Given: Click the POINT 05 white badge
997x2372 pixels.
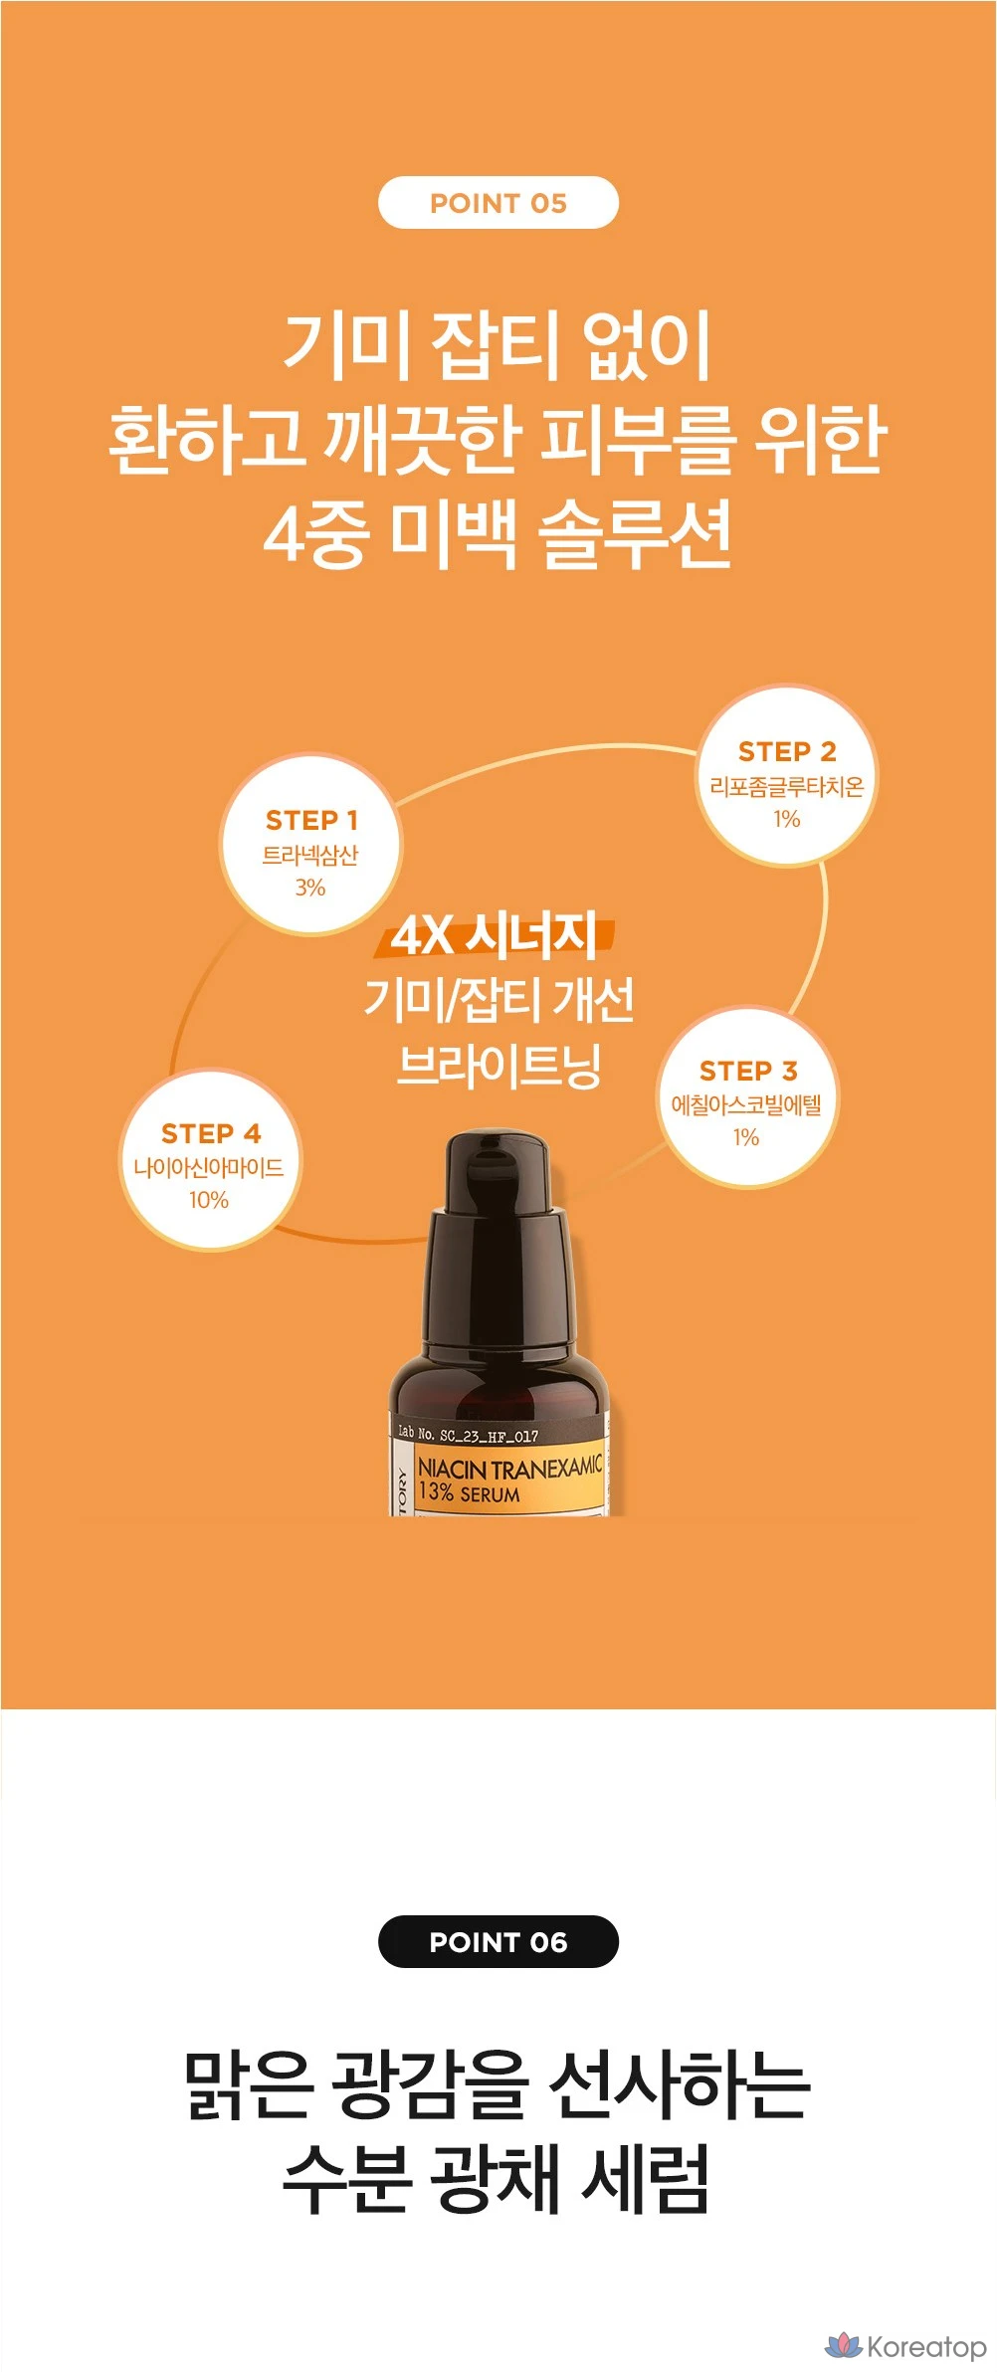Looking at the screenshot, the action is (498, 203).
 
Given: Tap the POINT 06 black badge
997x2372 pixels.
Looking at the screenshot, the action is (498, 1941).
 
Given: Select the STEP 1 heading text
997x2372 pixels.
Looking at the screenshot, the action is (311, 820).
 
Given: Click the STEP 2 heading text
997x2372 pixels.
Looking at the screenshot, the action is (787, 751).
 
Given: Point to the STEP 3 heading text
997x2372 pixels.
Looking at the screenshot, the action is (748, 1071).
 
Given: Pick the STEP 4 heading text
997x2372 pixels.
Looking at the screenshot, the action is (211, 1133).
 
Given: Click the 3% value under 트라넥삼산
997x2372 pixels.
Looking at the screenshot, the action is (310, 887).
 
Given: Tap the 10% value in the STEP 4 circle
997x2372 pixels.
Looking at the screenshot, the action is (209, 1200).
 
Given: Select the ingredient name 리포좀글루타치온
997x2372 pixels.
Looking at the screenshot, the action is (787, 786).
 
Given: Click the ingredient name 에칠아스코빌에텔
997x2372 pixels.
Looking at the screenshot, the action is (746, 1104).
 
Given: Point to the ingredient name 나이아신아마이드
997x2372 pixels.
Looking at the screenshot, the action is (209, 1167).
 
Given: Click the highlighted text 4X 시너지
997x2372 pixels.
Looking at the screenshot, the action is (495, 935).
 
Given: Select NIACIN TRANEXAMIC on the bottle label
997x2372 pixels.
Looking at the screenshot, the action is (509, 1468).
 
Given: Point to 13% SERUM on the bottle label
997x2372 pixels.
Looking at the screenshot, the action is (469, 1492).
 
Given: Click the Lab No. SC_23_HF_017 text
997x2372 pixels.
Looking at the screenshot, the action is (468, 1434).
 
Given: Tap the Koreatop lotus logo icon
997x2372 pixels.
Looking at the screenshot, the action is (844, 2345).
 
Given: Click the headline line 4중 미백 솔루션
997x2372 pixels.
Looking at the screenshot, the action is (498, 534).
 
